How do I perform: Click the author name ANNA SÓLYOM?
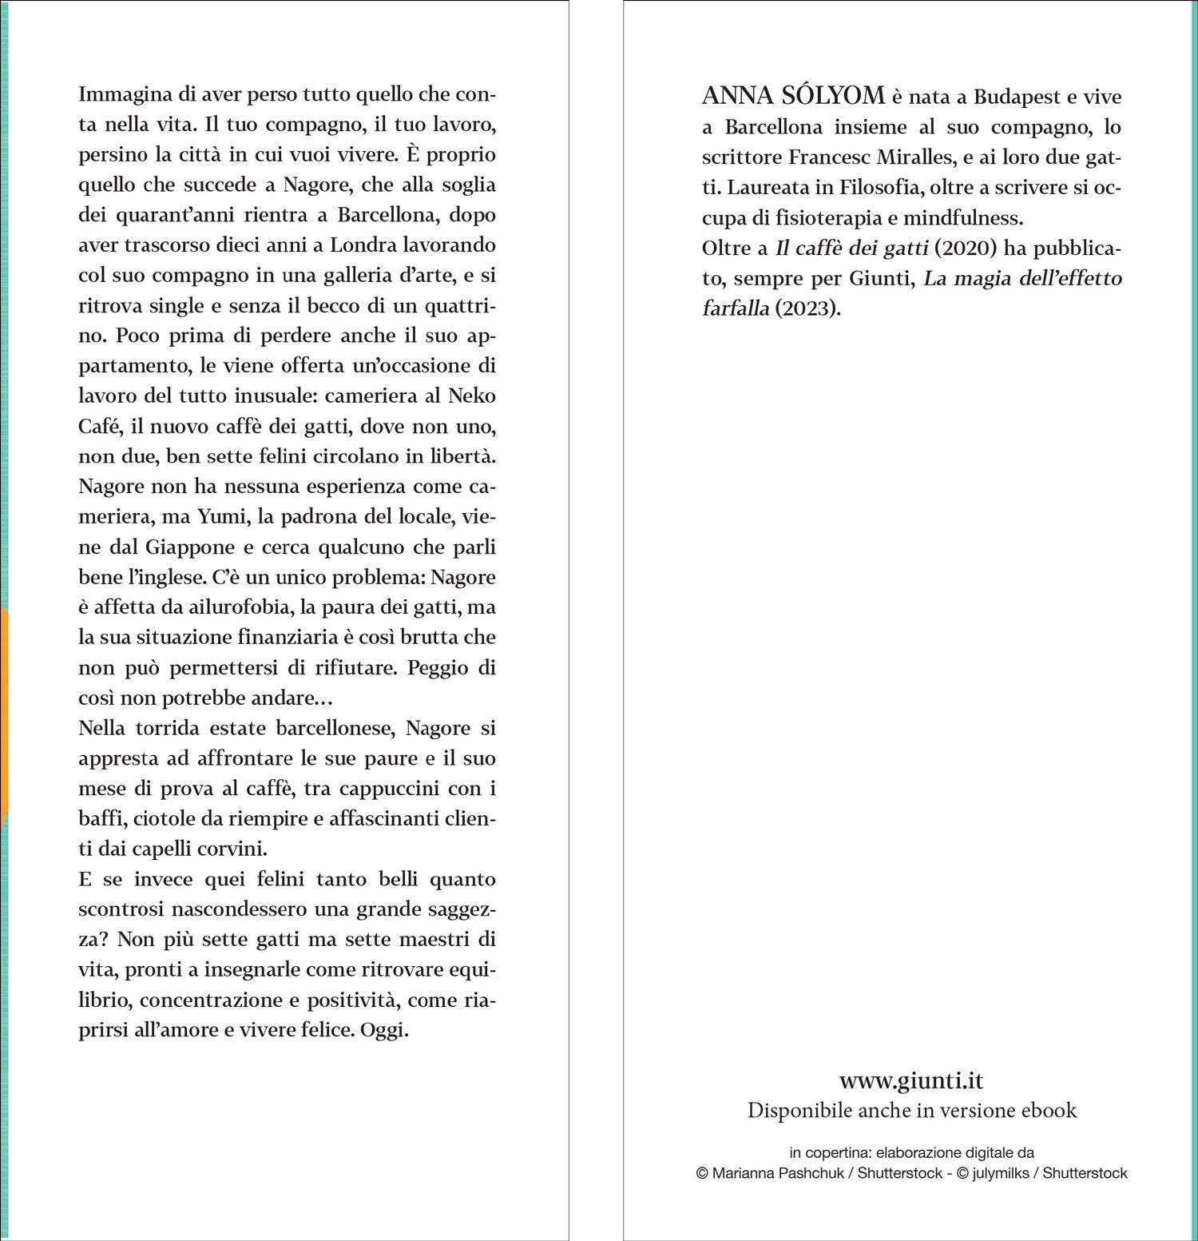pyautogui.click(x=793, y=96)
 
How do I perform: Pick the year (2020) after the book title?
pyautogui.click(x=966, y=248)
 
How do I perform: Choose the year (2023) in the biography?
pyautogui.click(x=807, y=308)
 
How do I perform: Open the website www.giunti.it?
pyautogui.click(x=911, y=1080)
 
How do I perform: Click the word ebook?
pyautogui.click(x=1051, y=1110)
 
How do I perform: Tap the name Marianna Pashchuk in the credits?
pyautogui.click(x=778, y=1173)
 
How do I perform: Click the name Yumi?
pyautogui.click(x=223, y=517)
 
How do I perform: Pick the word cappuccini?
pyautogui.click(x=389, y=789)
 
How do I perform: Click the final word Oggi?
pyautogui.click(x=383, y=1030)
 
